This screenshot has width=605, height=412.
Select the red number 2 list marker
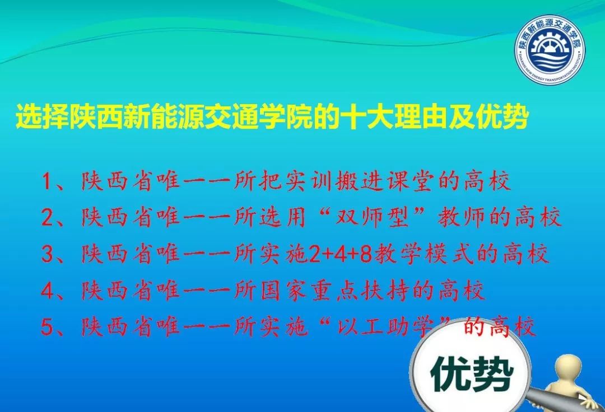[x=48, y=218]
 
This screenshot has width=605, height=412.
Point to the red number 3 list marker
[x=48, y=255]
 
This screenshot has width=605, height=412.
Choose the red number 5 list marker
[x=48, y=327]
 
